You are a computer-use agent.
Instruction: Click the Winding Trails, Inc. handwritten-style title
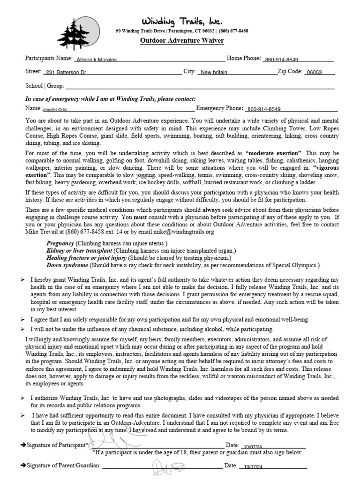182,21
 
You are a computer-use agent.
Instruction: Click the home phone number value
282,60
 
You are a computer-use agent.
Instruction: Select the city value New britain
214,73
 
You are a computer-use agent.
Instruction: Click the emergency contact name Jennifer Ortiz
55,109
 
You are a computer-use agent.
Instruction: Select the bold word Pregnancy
60,244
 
